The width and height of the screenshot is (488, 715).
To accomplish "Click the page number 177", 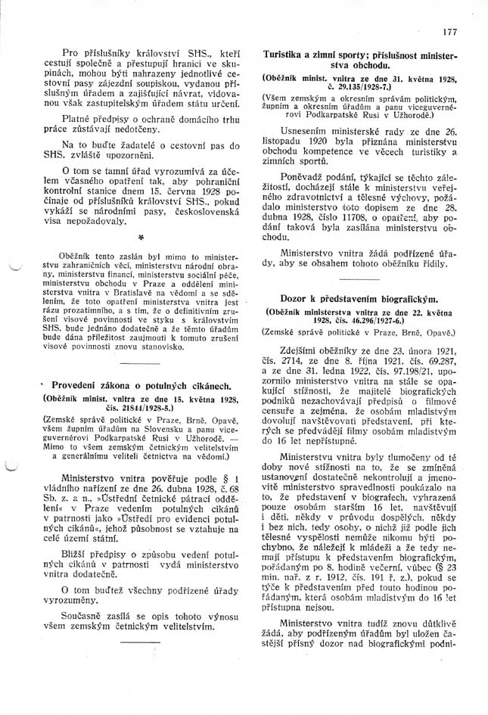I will click(x=449, y=32).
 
